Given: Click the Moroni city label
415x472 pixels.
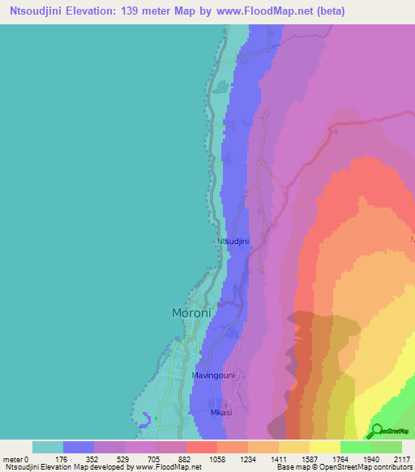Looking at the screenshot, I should pyautogui.click(x=191, y=312).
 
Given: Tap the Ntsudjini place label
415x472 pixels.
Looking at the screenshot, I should pyautogui.click(x=232, y=242).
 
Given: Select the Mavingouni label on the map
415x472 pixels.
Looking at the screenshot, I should pyautogui.click(x=213, y=376).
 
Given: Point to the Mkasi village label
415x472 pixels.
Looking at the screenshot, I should pyautogui.click(x=222, y=412).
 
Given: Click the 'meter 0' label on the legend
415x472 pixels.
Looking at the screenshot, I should pyautogui.click(x=16, y=459).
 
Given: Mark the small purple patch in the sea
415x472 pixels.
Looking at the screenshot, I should pyautogui.click(x=144, y=418).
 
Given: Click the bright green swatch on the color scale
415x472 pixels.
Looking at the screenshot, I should pyautogui.click(x=355, y=447).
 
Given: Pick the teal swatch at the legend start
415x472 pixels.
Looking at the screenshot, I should pyautogui.click(x=48, y=447).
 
